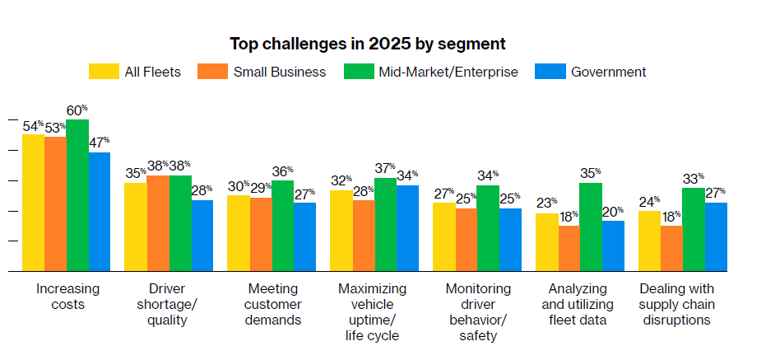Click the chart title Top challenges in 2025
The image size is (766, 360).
coord(367,43)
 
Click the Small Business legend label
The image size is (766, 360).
coord(279,72)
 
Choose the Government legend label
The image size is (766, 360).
coord(609,72)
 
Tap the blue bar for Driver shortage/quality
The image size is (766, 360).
coord(202,236)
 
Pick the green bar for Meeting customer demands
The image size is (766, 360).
coord(282,226)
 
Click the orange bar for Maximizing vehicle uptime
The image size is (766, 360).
coord(363,236)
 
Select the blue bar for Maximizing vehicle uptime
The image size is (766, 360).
coord(407,228)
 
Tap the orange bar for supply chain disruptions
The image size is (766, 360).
coord(671,248)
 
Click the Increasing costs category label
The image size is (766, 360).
coord(67,297)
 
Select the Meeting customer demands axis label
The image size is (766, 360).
coord(272,304)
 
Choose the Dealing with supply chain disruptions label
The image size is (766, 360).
coord(676,304)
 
